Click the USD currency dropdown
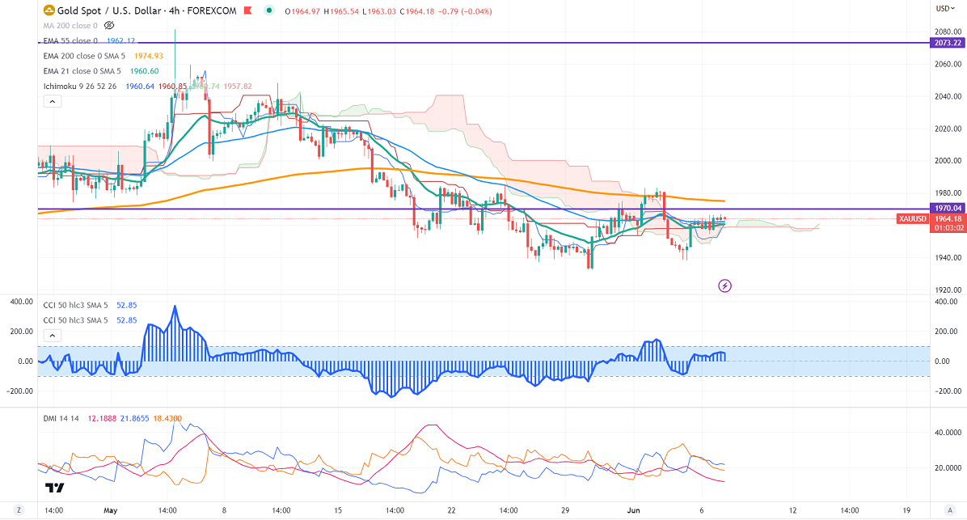[x=944, y=9]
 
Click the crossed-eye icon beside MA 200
[x=110, y=26]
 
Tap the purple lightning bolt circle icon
[x=725, y=285]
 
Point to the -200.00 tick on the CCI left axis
[x=19, y=391]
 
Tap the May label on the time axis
[x=111, y=511]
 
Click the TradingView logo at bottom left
[x=55, y=488]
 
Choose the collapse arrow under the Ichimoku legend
[x=51, y=102]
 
